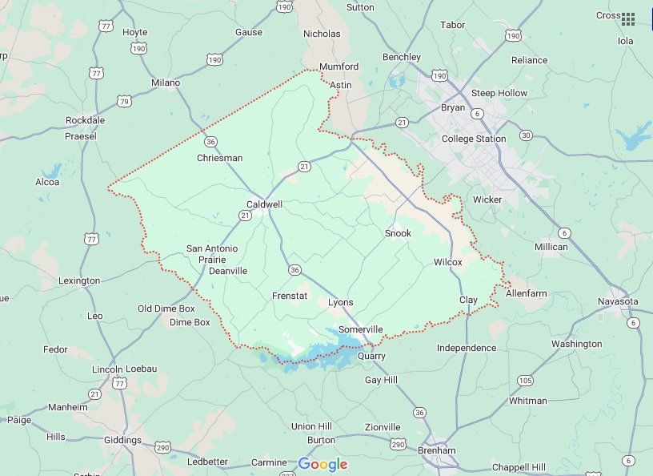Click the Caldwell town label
(x=264, y=204)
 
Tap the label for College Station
(x=474, y=139)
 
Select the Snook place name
(x=398, y=233)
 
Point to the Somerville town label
(x=360, y=329)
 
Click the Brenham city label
(x=436, y=450)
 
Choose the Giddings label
(x=122, y=440)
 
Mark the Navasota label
(x=619, y=301)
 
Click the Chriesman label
(x=219, y=158)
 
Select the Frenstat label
(x=289, y=296)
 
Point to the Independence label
(x=467, y=348)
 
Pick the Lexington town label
(x=79, y=280)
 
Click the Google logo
(x=322, y=464)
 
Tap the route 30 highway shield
(x=525, y=135)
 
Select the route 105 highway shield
(x=525, y=380)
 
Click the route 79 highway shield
(x=124, y=101)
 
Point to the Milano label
(x=166, y=83)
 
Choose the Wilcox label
(x=447, y=262)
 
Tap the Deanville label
(x=227, y=271)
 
